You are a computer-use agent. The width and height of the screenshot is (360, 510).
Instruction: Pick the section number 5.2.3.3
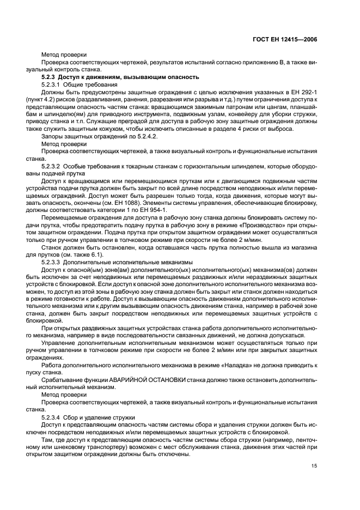point(52,262)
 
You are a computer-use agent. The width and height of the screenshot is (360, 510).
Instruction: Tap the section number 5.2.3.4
point(52,417)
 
